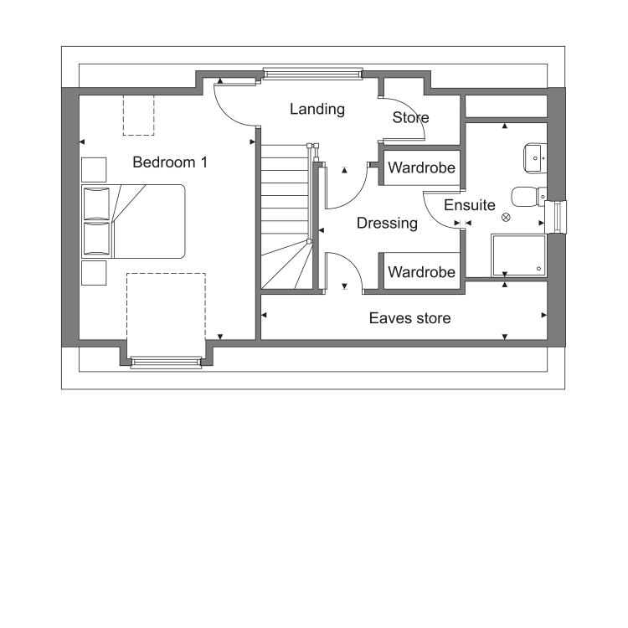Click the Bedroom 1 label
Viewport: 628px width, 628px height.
click(x=170, y=162)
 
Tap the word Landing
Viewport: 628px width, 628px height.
click(x=317, y=109)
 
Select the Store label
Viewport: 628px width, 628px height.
click(x=410, y=117)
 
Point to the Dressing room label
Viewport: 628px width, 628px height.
click(x=387, y=223)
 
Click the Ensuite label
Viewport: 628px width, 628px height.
click(x=470, y=205)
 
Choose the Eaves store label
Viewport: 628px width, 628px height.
click(x=409, y=318)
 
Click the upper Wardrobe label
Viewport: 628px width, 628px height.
click(x=421, y=167)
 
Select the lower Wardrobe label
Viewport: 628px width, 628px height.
click(x=421, y=272)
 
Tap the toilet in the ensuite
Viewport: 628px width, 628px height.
click(x=528, y=197)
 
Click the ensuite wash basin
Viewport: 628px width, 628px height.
click(x=535, y=158)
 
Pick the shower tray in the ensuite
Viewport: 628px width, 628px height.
click(x=518, y=255)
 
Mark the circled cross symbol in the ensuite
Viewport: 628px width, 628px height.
click(x=506, y=218)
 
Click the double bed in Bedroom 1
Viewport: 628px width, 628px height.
click(x=133, y=221)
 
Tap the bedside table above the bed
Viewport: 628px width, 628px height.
click(x=94, y=170)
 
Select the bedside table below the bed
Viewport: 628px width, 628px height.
click(x=94, y=273)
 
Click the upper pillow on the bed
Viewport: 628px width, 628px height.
click(x=96, y=203)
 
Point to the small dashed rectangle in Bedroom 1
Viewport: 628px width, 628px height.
click(x=138, y=115)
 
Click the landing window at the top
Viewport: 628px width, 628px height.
click(x=313, y=74)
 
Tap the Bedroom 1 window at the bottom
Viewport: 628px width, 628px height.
click(x=166, y=362)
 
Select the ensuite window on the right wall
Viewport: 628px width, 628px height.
click(x=556, y=217)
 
